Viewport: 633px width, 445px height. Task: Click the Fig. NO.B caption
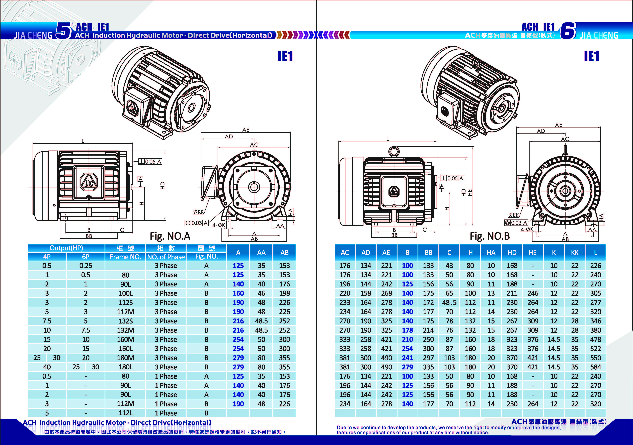[x=490, y=236]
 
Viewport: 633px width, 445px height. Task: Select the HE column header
[x=533, y=253]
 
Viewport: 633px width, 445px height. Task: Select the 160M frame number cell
[x=125, y=340]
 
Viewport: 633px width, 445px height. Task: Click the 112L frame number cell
[x=125, y=413]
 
